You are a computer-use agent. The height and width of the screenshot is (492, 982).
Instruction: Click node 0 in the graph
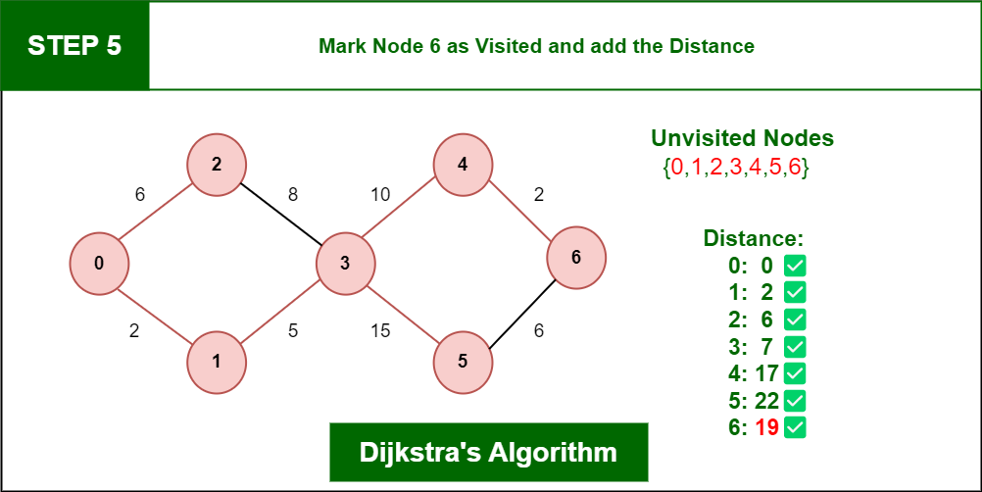coord(99,263)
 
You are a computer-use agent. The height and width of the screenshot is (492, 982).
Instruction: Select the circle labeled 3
coord(345,263)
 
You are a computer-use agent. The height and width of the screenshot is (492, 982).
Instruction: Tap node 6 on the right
coord(576,258)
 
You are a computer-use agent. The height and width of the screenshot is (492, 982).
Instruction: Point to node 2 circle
coord(217,164)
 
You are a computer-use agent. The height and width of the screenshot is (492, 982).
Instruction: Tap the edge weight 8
coord(292,194)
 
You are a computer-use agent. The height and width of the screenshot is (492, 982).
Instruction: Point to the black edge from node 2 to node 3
coord(281,213)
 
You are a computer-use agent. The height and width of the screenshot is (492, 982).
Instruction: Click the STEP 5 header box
coord(74,45)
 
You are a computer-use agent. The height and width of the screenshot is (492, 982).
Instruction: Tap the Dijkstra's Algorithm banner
coord(488,453)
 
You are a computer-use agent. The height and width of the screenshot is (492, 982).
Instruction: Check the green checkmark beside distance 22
coord(795,401)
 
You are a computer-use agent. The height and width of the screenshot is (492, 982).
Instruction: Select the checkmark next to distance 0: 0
coord(795,265)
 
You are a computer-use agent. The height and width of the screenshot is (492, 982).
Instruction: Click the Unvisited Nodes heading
coord(742,138)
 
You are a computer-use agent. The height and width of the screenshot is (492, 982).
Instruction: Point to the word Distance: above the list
coord(753,238)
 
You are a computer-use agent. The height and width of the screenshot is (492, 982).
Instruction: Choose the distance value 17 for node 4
coord(765,373)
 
